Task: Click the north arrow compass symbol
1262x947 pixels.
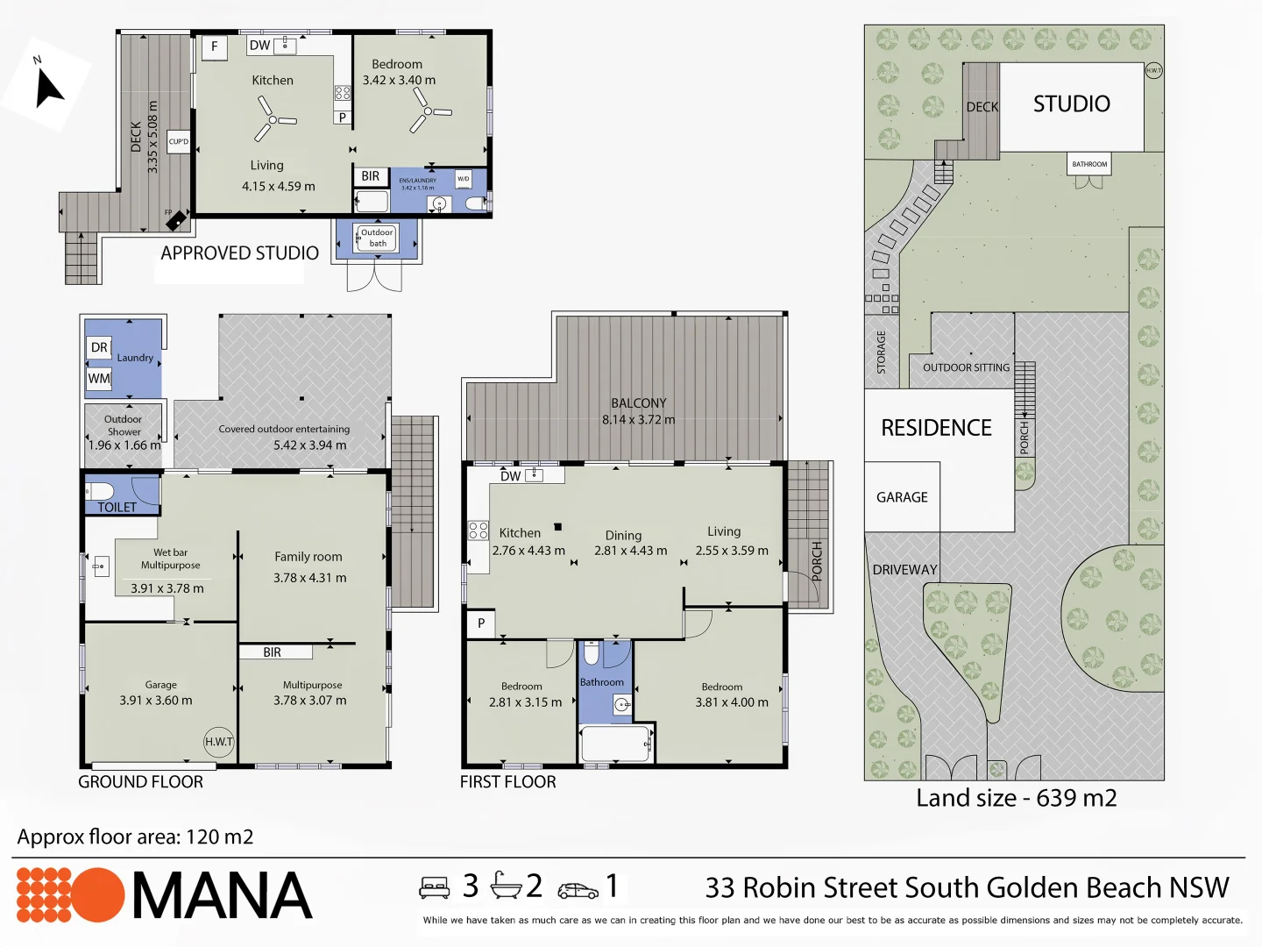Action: [49, 89]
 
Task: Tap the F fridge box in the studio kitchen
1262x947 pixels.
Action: [214, 46]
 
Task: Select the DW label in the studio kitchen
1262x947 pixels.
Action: [259, 46]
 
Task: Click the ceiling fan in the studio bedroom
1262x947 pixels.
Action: [428, 113]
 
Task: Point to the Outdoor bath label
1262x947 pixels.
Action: [377, 238]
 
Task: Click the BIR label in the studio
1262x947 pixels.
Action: [371, 176]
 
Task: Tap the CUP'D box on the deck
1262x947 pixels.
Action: [179, 141]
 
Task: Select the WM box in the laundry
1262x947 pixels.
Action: [99, 379]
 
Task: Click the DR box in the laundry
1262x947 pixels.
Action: [99, 347]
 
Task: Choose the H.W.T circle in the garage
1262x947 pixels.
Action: [219, 742]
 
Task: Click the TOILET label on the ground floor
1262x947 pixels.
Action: [117, 507]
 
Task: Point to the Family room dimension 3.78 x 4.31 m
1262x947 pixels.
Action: [309, 578]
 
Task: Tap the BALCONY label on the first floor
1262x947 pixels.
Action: [638, 403]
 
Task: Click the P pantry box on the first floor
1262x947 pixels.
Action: [481, 623]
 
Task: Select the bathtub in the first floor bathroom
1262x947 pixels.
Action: [615, 744]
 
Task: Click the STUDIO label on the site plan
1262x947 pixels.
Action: [1071, 104]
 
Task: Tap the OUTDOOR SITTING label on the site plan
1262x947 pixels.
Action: [966, 367]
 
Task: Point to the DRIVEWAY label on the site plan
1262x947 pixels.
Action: [904, 570]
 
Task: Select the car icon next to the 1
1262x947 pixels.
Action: [578, 890]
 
